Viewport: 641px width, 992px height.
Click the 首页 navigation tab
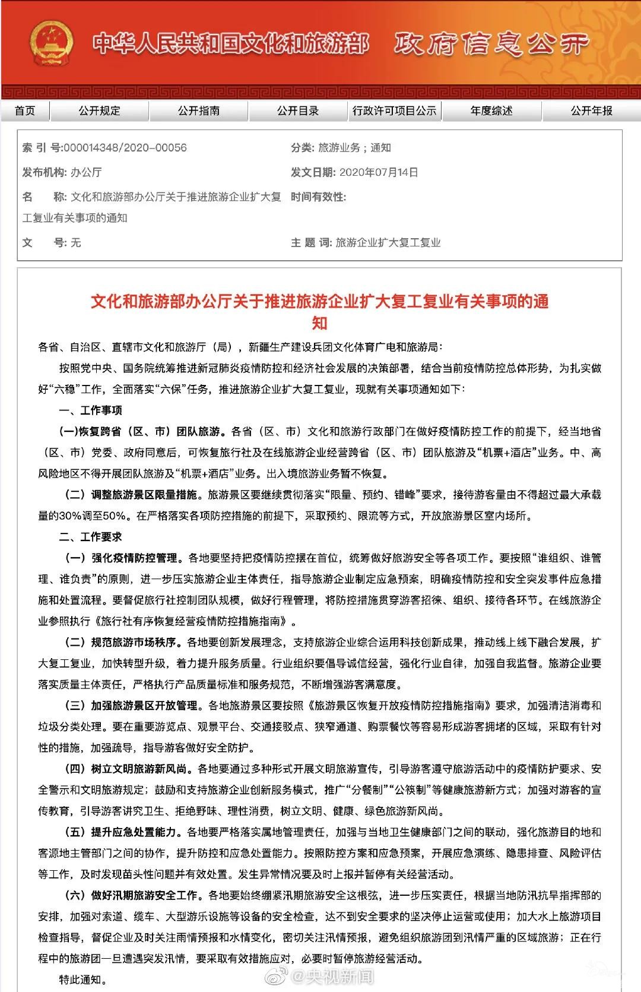tap(25, 110)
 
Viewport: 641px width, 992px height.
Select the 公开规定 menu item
tap(99, 110)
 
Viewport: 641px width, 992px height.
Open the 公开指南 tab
tap(198, 110)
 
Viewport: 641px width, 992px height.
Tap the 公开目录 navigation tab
tap(297, 110)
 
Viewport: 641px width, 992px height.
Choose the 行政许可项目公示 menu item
tap(394, 110)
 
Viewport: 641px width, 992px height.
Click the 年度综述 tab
tap(491, 110)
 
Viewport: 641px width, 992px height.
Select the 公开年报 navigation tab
tap(591, 110)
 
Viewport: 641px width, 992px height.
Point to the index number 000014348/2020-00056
tap(125, 148)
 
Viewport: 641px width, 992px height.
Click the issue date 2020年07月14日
tap(379, 172)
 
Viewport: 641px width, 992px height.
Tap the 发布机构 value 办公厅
tap(86, 172)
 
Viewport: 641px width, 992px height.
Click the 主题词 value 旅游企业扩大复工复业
tap(388, 242)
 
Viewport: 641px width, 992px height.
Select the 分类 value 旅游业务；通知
tap(354, 148)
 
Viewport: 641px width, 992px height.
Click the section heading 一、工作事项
tap(90, 410)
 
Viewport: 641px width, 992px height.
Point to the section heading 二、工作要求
tap(90, 537)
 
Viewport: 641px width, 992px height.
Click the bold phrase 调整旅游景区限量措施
tap(144, 495)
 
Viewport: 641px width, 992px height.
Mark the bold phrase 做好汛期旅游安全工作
tap(144, 895)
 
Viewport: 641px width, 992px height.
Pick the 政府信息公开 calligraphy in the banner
tap(491, 44)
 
